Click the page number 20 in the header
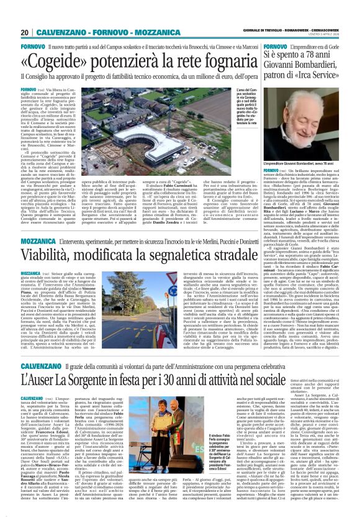coord(25,33)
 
